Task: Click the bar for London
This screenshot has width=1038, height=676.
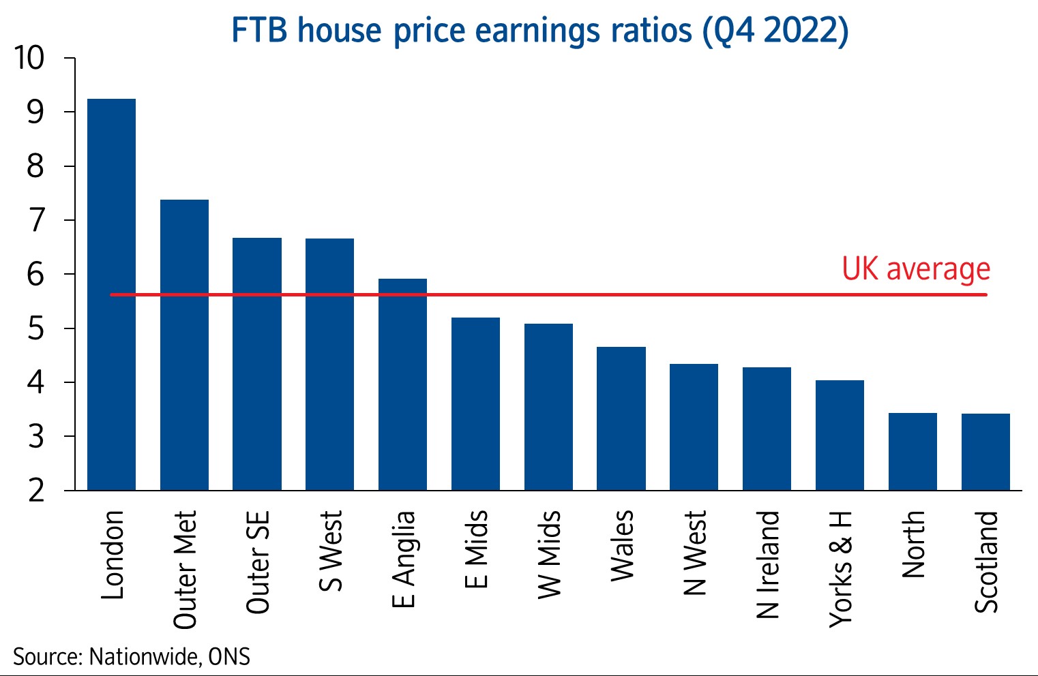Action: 111,294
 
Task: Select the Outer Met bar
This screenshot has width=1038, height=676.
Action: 184,345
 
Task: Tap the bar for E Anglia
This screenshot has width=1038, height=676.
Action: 402,384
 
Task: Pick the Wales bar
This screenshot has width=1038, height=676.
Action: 621,418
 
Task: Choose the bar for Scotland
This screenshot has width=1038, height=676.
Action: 985,452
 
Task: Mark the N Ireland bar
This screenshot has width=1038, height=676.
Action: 767,429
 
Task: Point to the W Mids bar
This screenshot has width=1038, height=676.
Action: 548,407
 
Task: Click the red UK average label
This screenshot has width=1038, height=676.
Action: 915,269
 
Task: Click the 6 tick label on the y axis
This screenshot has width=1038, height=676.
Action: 35,275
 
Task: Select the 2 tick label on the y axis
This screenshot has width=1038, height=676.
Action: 35,491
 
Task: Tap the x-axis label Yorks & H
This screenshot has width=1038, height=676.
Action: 840,569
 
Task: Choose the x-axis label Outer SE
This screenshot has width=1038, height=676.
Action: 258,562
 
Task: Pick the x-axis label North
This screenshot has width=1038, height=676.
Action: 913,544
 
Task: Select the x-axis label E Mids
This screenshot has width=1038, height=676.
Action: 476,549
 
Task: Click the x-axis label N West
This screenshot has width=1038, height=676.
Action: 694,553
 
